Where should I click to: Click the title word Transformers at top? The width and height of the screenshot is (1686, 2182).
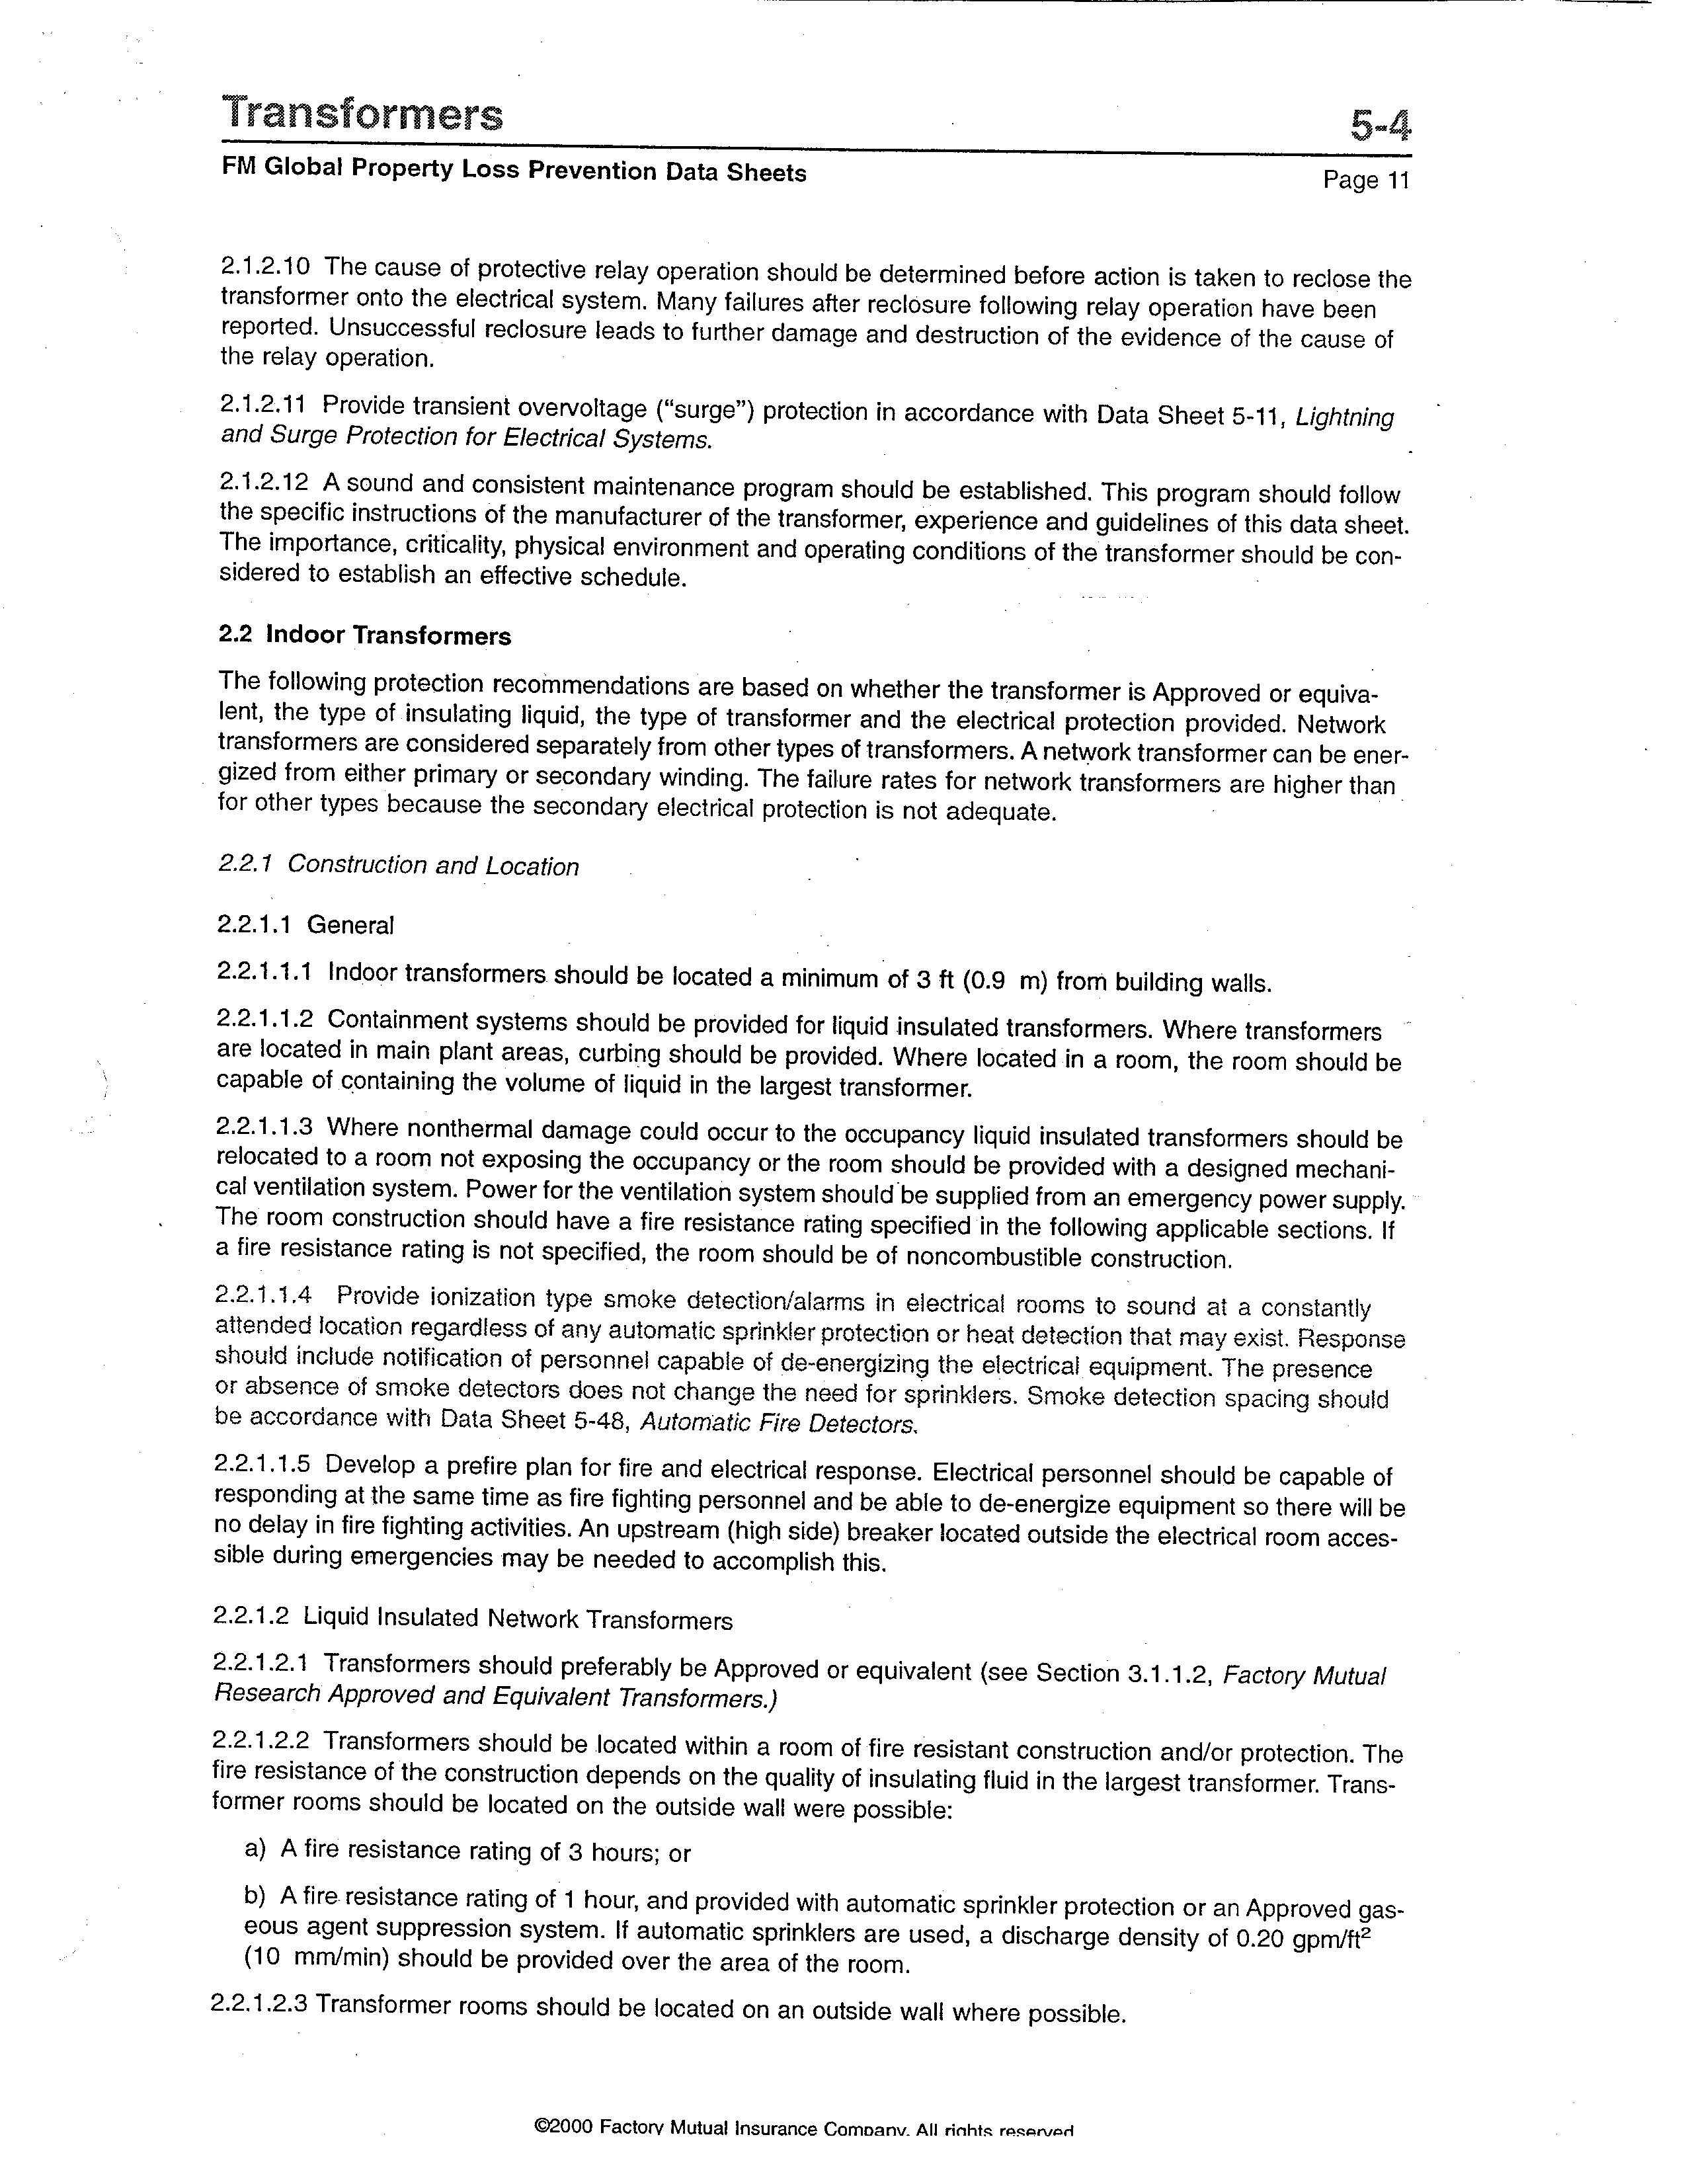[362, 115]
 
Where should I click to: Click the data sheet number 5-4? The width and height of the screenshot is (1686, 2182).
[1381, 126]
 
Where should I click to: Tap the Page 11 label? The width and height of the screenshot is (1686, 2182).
[1365, 180]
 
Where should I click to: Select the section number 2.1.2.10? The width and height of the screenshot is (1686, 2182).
[264, 266]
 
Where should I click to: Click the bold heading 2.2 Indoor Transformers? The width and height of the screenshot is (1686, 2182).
[364, 635]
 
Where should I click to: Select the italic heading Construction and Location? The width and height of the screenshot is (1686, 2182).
[432, 866]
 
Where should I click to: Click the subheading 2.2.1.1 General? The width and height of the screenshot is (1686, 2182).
[305, 925]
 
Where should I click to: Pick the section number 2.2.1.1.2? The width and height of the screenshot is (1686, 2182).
[264, 1019]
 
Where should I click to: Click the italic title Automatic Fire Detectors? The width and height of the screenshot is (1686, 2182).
[777, 1423]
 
